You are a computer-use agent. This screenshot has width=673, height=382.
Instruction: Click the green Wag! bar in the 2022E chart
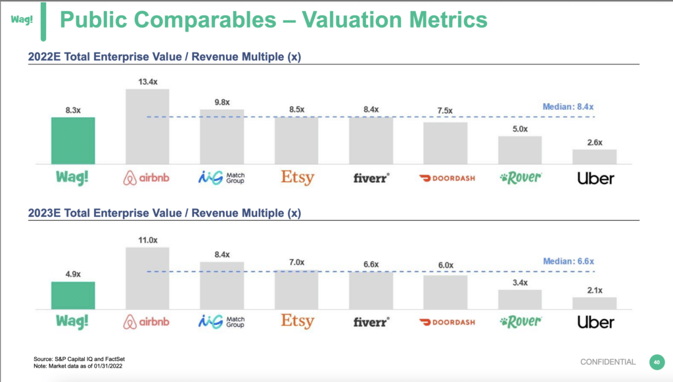pos(73,140)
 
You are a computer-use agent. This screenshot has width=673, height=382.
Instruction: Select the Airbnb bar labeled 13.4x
pos(147,126)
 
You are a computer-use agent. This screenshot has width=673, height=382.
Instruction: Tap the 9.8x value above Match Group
pos(222,102)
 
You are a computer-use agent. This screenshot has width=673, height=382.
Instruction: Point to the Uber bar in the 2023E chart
pos(594,303)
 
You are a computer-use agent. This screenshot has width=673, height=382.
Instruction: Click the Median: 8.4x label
pos(568,107)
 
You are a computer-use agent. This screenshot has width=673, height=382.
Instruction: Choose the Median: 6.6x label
pos(569,261)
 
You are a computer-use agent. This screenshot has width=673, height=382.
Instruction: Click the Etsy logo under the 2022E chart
pos(298,178)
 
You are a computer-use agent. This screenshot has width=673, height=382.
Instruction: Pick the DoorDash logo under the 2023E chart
pos(447,322)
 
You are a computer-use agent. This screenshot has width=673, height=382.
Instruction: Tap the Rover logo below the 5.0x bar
pos(521,178)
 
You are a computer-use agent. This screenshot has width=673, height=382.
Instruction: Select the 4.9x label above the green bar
pos(73,274)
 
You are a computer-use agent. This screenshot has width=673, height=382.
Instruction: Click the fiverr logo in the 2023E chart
pos(371,322)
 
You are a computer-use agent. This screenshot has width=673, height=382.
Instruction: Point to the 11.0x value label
pos(148,240)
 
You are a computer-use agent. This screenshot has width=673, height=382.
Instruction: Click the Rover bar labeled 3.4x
pos(520,299)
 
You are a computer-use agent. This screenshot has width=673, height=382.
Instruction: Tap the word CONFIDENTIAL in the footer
pos(608,362)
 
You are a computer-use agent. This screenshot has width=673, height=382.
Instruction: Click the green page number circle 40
pos(657,362)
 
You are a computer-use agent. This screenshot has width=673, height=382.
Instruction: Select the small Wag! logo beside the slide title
pos(22,19)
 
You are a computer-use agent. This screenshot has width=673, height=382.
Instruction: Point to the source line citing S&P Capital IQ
pos(79,359)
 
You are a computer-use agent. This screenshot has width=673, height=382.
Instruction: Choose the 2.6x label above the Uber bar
pos(595,143)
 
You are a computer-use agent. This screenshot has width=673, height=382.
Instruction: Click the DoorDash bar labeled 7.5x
pos(445,143)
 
